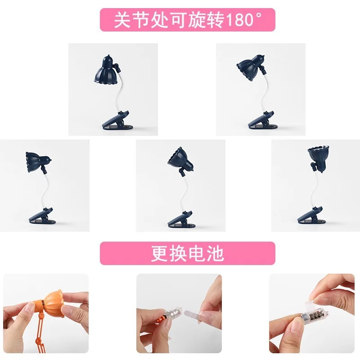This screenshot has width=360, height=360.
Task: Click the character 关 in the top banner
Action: [122, 20]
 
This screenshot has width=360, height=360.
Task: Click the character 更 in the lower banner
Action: [159, 253]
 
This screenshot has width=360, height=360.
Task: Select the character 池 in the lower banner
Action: [215, 253]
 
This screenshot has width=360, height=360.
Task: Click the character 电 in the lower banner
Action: [197, 253]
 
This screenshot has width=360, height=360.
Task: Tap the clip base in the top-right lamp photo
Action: [262, 121]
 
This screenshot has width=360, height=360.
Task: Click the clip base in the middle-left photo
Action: [42, 216]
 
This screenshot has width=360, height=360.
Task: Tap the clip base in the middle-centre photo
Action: [181, 220]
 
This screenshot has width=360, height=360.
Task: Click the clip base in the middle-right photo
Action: [311, 216]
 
